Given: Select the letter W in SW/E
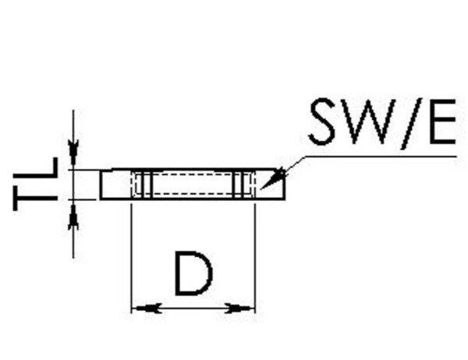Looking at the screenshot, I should point(369,123).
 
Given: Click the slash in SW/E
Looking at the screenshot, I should point(407,123).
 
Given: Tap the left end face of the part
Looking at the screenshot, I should point(102,185).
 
